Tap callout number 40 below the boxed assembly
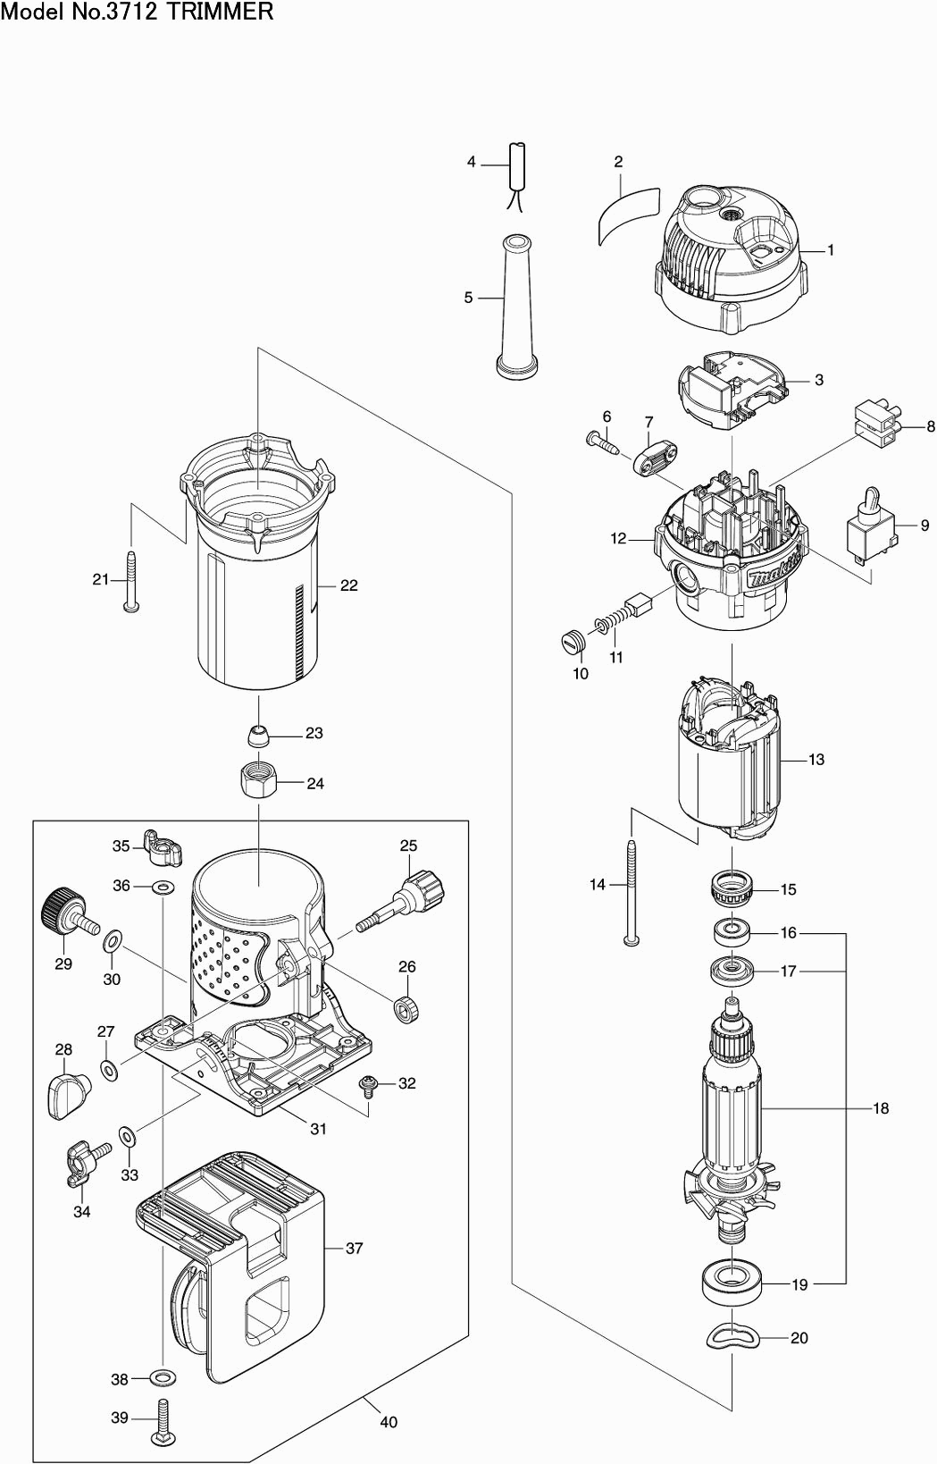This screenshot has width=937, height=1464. tap(388, 1422)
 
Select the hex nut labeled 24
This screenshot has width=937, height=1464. tap(258, 782)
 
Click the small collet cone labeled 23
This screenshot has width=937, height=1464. tap(258, 735)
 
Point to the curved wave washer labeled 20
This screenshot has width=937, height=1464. tap(732, 1337)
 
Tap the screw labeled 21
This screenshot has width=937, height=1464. tap(131, 582)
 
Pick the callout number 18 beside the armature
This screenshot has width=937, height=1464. tap(881, 1108)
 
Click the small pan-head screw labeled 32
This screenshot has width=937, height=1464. tap(368, 1085)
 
